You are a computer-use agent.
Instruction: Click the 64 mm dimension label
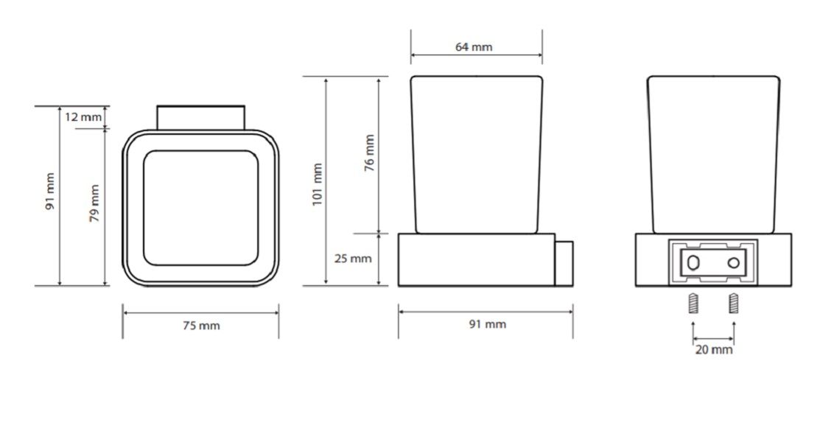(473, 47)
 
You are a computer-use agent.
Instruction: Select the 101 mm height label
(318, 185)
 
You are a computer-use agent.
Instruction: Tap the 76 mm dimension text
(369, 152)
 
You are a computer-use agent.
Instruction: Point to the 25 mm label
(353, 259)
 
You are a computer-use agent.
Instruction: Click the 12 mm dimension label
(83, 117)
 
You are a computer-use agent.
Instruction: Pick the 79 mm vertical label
(94, 203)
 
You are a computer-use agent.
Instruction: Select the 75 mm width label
(201, 326)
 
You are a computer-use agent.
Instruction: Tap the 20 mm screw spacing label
(714, 349)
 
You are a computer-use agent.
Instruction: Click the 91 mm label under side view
(488, 324)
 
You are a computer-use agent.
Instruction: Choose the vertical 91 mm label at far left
(49, 192)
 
